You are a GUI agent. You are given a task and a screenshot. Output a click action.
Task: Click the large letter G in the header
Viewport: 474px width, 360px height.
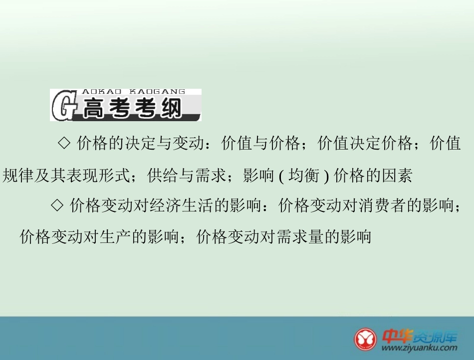(63, 105)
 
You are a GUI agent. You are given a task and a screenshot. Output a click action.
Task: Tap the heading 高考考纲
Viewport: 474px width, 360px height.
(132, 109)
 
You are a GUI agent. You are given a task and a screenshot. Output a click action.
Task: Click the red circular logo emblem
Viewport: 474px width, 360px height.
(367, 339)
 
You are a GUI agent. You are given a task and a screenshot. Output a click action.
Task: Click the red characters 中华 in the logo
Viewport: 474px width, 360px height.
(397, 335)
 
